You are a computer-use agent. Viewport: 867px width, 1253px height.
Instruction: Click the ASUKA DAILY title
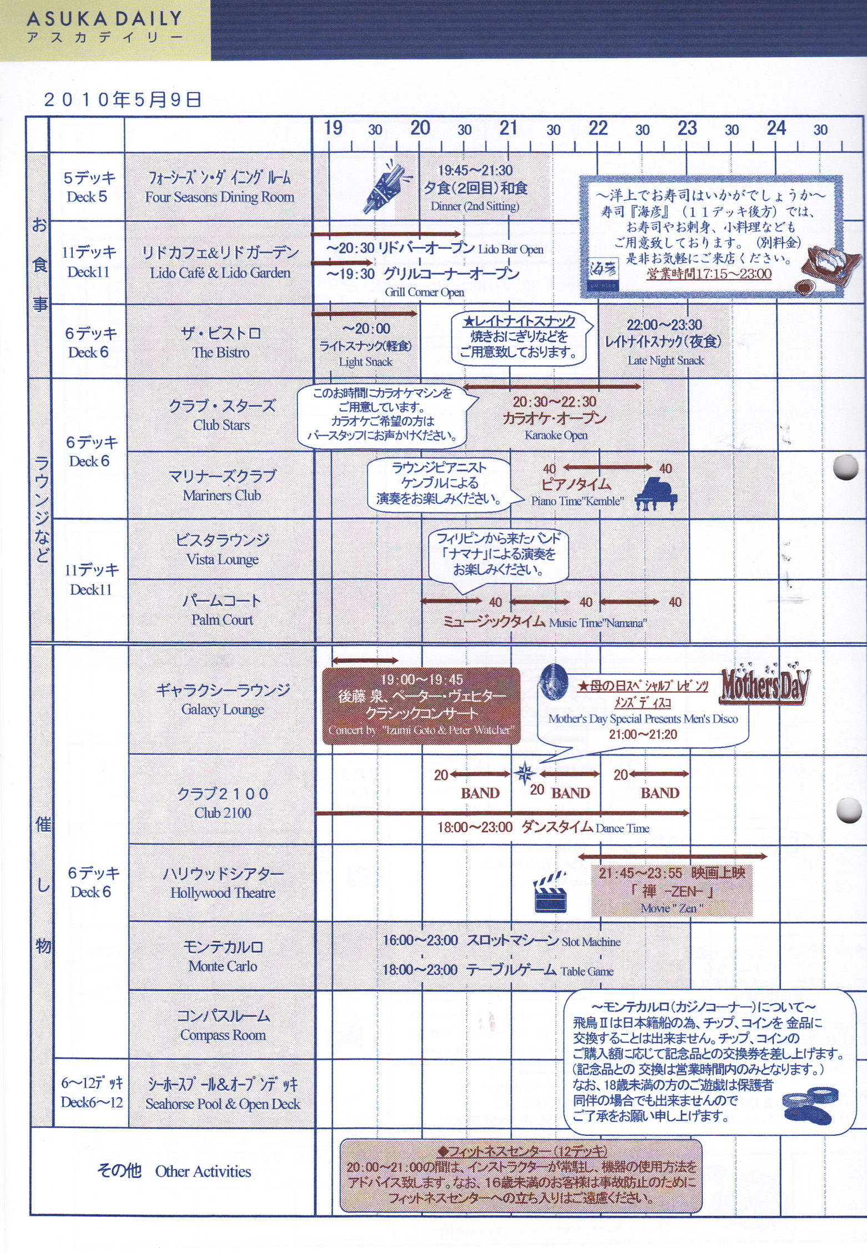point(104,19)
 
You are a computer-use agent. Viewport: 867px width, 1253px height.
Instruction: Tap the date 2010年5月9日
point(123,100)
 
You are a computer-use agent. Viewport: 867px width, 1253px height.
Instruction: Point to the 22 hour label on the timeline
point(598,128)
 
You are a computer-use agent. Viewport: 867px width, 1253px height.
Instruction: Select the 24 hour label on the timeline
point(776,128)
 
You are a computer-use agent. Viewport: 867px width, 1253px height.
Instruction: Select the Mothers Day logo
point(765,685)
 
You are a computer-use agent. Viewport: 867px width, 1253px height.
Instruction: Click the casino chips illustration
point(811,1105)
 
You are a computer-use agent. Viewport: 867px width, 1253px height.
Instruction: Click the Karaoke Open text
point(556,435)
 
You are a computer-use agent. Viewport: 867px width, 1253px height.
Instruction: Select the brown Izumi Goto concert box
point(421,705)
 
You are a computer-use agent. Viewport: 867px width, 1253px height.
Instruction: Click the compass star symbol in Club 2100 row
point(525,773)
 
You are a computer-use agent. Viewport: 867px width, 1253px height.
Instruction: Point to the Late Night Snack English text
point(666,360)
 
